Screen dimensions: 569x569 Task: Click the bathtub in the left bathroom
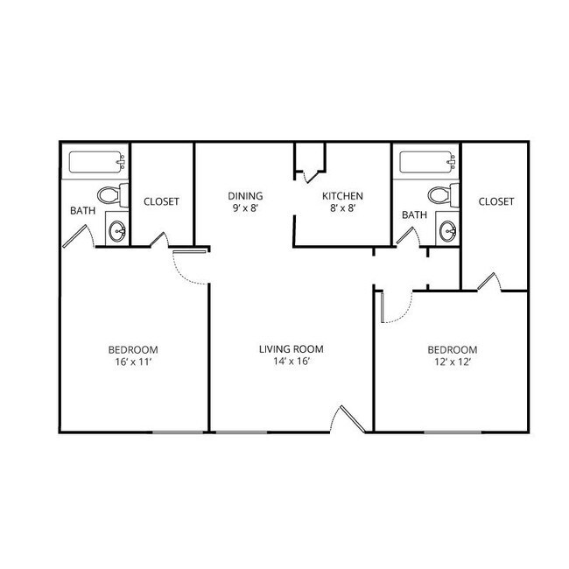[97, 162]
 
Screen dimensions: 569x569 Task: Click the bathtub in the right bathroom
[427, 162]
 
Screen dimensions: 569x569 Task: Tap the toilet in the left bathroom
[113, 195]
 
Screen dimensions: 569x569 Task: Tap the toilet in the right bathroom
[443, 195]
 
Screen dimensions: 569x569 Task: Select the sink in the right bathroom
[448, 231]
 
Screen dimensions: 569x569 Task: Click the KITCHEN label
[342, 196]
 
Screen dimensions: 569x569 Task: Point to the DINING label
[245, 196]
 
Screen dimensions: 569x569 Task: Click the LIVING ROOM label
[292, 349]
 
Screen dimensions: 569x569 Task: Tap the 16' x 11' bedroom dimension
[133, 362]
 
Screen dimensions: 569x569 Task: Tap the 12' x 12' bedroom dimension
[453, 362]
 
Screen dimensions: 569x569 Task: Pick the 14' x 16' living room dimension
[292, 362]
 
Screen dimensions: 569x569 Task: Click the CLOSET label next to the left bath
[161, 201]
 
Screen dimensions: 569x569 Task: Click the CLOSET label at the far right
[496, 201]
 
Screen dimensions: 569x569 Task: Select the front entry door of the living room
[348, 419]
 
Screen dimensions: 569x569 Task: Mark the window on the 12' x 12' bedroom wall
[453, 432]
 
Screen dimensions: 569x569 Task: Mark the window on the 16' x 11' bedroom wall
[178, 432]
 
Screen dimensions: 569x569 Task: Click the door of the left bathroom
[79, 236]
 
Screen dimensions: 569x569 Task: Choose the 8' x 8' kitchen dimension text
[342, 208]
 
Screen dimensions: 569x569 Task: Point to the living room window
[242, 432]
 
